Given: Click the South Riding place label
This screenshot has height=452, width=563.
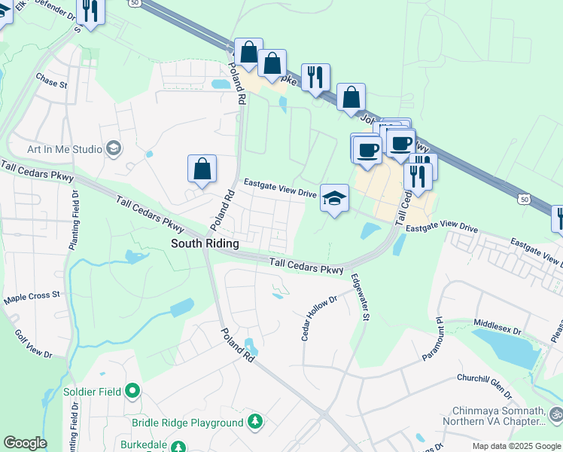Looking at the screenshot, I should (x=205, y=243).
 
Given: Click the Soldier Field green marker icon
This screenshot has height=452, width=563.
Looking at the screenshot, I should (x=133, y=390).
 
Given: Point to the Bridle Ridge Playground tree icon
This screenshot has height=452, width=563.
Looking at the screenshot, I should (x=255, y=423).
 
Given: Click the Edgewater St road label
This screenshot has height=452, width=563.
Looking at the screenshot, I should (x=359, y=297).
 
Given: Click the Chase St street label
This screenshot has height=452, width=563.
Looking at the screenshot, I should (x=51, y=79).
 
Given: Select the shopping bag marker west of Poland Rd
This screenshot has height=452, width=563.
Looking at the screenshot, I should (x=202, y=170).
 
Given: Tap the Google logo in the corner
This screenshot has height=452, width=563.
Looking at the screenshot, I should (x=25, y=443).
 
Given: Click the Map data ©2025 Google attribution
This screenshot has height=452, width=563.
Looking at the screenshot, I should (x=516, y=446).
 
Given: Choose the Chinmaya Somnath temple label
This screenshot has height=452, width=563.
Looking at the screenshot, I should (x=498, y=416).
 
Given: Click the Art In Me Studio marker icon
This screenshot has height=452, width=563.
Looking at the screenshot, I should (x=114, y=148).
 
